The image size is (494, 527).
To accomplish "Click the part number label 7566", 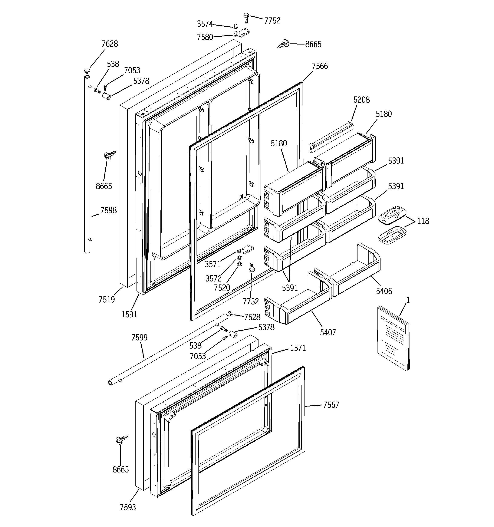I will point(320,66).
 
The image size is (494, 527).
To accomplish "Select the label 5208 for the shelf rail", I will point(361,100).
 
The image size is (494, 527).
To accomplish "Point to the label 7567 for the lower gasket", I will point(331,405).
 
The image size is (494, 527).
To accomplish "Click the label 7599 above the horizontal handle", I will point(139,337).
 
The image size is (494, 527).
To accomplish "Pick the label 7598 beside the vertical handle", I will point(108,210).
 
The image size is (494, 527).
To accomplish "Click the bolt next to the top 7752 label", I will point(246,17).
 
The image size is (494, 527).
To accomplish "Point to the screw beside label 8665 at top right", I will point(283,43).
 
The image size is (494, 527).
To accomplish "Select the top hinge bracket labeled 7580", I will point(241,34).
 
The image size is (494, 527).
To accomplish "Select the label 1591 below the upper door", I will point(129,314).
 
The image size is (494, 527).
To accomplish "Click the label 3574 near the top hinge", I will point(205,24).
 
